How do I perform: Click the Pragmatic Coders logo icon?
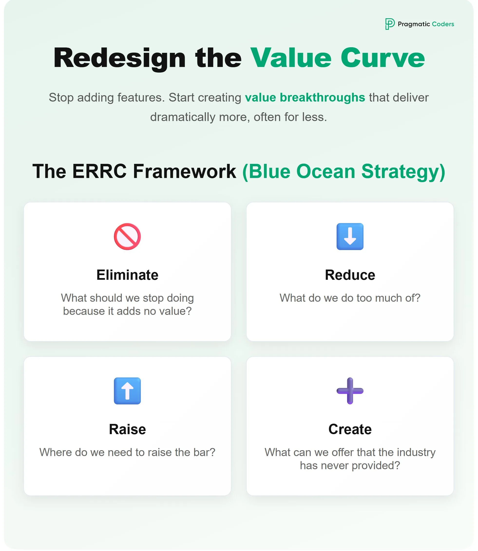pos(390,24)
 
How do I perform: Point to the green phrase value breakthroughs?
pos(305,98)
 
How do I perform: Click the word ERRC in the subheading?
pos(99,171)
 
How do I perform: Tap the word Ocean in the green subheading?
pos(325,171)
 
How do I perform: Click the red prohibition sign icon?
pos(127,236)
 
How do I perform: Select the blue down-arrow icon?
pos(350,236)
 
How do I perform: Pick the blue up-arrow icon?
pos(127,391)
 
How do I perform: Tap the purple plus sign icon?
pos(350,391)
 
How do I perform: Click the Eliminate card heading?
pos(127,275)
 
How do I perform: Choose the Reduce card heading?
pos(350,275)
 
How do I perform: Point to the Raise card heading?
pos(127,429)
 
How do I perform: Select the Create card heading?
pos(350,429)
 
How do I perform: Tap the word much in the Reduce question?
pos(387,298)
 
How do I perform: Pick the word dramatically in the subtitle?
pos(182,117)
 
